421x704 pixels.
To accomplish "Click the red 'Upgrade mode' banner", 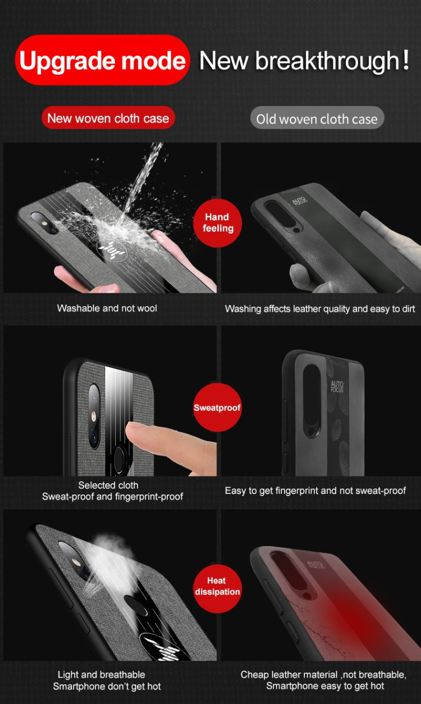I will [x=102, y=60].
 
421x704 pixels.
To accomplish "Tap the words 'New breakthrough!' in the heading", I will [x=304, y=60].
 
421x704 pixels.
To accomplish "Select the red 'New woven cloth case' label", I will [x=108, y=119].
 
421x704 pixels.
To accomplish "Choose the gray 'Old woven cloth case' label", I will [x=317, y=119].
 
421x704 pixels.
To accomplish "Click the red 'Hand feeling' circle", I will [x=217, y=222].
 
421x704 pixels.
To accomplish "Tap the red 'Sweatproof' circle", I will [x=217, y=407].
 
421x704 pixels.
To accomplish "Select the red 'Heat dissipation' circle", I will [x=217, y=586].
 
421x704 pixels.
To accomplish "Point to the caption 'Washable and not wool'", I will [x=107, y=308].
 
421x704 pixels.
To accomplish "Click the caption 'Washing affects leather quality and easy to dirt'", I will [x=320, y=308].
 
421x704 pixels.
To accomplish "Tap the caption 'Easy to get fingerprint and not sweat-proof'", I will [x=315, y=490].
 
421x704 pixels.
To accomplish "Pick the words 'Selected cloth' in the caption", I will [x=108, y=485].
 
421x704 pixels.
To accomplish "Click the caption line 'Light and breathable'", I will [x=101, y=674].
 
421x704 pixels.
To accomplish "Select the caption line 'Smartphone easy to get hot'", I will [x=325, y=685].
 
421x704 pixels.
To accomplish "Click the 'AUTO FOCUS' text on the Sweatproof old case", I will [x=337, y=387].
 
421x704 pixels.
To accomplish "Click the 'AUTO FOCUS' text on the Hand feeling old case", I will [x=298, y=201].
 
